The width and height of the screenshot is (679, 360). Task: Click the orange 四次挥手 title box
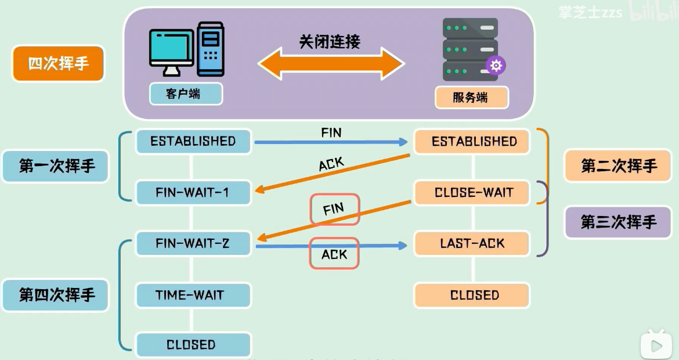coord(58,63)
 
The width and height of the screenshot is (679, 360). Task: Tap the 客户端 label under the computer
coord(186,93)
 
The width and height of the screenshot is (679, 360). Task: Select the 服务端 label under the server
coord(471,98)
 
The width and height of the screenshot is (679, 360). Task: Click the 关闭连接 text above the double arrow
coord(330,42)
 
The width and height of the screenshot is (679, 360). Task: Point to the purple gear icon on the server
coord(496,66)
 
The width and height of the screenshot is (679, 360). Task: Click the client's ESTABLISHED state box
coord(193,142)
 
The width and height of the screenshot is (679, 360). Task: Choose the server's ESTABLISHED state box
coord(474,142)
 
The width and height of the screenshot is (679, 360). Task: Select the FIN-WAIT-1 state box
coord(193,193)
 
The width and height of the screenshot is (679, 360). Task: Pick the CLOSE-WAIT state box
coord(474,193)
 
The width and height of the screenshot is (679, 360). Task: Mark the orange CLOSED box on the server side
coord(474,295)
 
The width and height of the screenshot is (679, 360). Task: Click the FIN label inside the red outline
coord(335,210)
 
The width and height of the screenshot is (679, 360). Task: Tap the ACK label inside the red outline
coord(334,254)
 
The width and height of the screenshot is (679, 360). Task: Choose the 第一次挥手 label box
coord(56,166)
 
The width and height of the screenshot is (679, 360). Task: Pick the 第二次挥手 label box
coord(619,166)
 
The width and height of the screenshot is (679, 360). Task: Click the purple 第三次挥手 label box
coord(619,222)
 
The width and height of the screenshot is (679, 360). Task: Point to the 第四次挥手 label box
coord(56,294)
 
